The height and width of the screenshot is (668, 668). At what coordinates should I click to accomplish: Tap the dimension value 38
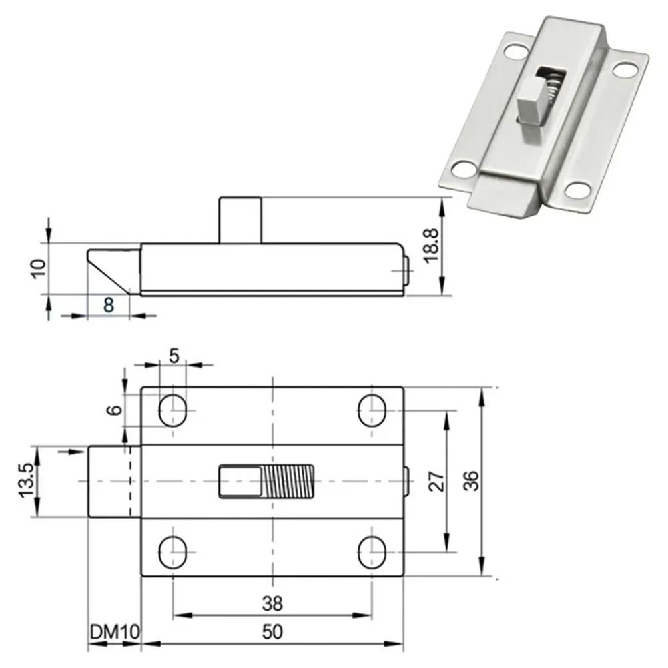coord(272,604)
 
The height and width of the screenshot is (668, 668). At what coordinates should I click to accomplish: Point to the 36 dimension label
coord(471,482)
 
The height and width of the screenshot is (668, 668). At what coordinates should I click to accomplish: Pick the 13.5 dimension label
coord(25,482)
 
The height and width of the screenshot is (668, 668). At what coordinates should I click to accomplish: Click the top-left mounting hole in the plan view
coord(173,409)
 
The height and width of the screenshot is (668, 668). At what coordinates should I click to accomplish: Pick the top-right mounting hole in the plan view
coord(372,409)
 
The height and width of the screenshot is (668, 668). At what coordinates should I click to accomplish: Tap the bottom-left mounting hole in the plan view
coord(173,551)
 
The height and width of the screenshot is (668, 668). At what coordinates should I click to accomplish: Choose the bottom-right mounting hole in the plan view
coord(372,551)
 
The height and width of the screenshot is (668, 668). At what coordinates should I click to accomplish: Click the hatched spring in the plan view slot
coord(288,481)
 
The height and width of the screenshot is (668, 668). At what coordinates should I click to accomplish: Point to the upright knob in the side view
coord(239,220)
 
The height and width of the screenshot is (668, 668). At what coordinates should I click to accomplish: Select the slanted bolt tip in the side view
coord(112,269)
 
